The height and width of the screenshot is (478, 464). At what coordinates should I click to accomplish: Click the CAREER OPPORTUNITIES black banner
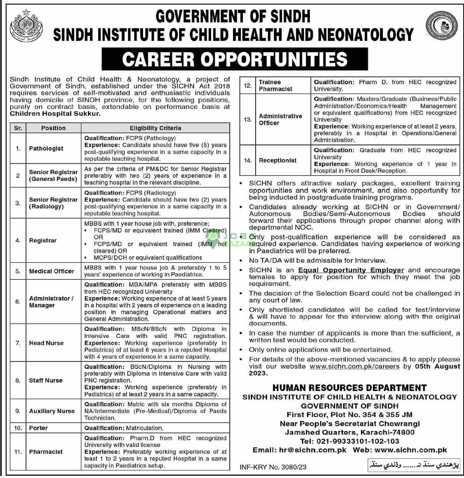[x=235, y=59]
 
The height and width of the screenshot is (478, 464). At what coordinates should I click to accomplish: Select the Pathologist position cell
[x=46, y=149]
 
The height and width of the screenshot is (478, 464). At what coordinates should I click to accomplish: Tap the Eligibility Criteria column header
[x=155, y=128]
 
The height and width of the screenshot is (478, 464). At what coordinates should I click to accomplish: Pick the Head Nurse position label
[x=46, y=343]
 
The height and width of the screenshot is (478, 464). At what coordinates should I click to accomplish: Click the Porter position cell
[x=38, y=428]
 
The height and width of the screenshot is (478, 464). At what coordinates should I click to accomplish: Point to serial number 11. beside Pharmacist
[x=18, y=452]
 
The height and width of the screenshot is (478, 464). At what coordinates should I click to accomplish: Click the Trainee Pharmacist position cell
[x=276, y=85]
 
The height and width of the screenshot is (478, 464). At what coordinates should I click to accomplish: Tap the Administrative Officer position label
[x=280, y=119]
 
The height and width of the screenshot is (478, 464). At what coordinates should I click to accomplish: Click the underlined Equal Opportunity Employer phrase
[x=351, y=270]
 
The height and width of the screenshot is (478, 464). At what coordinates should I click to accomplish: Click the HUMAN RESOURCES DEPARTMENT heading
[x=349, y=388]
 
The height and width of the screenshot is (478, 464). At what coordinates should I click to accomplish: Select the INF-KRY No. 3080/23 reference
[x=273, y=467]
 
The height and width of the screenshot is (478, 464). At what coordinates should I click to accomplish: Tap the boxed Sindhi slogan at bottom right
[x=413, y=466]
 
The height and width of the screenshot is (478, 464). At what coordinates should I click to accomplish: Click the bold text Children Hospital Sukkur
[x=55, y=114]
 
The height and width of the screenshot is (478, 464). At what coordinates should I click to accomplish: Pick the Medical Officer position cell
[x=51, y=271]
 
